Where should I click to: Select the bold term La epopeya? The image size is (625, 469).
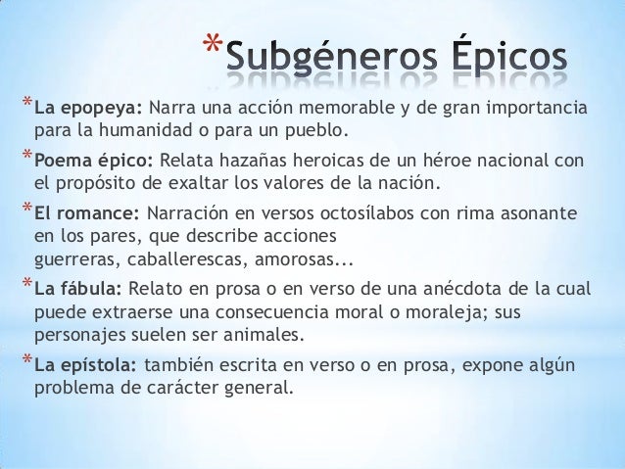pos(89,106)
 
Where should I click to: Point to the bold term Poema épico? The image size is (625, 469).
pos(93,160)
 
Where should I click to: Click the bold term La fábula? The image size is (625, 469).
pos(78,289)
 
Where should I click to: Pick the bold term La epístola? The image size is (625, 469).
pos(85,365)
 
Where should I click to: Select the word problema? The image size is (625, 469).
pos(74,389)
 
